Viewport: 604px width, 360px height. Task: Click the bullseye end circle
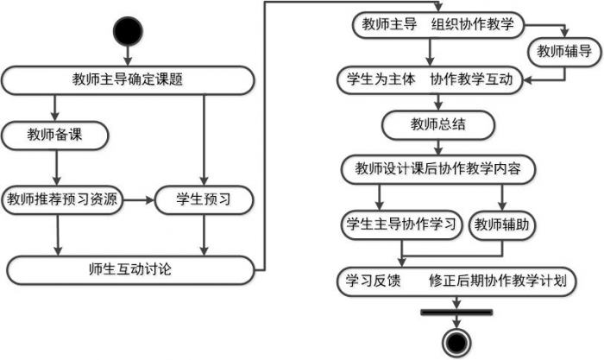pos(454,338)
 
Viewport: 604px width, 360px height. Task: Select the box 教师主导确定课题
pos(128,80)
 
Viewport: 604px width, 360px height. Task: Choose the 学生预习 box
pos(204,199)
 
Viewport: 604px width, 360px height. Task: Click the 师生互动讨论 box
pos(131,268)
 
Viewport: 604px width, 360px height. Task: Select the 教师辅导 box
pos(563,51)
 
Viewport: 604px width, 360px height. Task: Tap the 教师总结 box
pos(438,123)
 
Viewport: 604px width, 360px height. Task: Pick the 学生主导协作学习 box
pos(400,224)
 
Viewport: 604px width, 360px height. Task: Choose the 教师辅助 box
pos(500,224)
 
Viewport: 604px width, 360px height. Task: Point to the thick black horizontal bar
pos(454,310)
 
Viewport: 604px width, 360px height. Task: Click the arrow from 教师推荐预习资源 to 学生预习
pos(136,199)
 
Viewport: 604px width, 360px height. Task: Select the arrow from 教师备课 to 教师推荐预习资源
pos(56,167)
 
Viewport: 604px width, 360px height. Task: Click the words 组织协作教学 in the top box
pos(474,23)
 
